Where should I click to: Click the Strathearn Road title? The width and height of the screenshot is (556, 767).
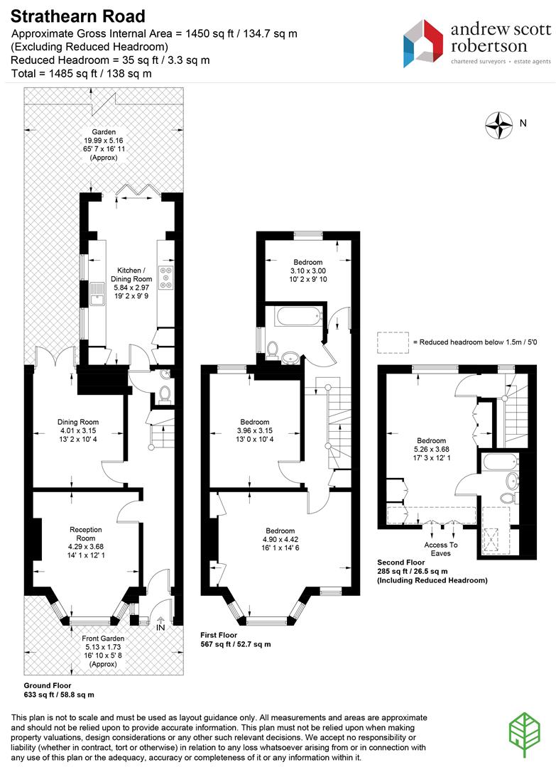[x=77, y=16]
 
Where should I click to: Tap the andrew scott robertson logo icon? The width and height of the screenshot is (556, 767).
[x=423, y=43]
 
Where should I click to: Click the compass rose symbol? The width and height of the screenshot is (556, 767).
[x=498, y=125]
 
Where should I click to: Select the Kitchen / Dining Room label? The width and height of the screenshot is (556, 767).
[x=131, y=274]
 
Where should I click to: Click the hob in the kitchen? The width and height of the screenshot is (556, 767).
[x=165, y=278]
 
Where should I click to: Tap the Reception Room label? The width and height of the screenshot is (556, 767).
[x=86, y=533]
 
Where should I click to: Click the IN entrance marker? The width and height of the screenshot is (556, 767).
[x=160, y=627]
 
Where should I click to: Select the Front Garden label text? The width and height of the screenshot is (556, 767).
[x=103, y=638]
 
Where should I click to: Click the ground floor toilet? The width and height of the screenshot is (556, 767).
[x=165, y=393]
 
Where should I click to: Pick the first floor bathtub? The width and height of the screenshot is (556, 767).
[x=298, y=317]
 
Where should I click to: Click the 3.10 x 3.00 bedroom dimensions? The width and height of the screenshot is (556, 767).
[x=308, y=271]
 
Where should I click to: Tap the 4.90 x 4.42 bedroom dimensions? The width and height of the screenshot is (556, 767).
[x=280, y=540]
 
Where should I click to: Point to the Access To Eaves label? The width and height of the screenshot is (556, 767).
[x=440, y=549]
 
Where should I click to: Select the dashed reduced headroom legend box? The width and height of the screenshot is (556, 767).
[x=393, y=342]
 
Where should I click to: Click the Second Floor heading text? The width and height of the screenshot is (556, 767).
[x=401, y=562]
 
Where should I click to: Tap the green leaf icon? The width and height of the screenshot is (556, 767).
[x=525, y=735]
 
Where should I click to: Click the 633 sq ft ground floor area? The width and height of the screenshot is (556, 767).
[x=59, y=695]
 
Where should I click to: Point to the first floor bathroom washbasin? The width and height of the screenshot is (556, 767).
[x=291, y=357]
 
